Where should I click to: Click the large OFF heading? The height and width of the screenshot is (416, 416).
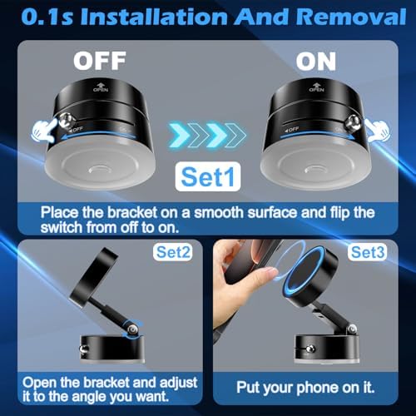[x=100, y=61]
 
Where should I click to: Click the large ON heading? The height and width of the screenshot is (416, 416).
[x=316, y=62]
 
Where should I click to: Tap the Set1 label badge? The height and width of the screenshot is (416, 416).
[x=208, y=176]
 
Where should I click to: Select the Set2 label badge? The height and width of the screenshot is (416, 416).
[x=173, y=252]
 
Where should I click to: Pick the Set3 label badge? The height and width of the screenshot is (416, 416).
[x=368, y=252]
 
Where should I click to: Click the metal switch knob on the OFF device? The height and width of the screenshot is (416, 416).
[x=67, y=121]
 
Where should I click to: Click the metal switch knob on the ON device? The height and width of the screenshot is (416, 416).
[x=353, y=122]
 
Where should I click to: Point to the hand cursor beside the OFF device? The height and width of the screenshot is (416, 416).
[x=44, y=131]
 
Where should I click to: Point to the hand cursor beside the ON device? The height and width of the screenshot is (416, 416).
[x=377, y=131]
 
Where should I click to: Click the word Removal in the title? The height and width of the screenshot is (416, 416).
[x=351, y=17]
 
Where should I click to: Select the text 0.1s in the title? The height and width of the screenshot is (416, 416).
[x=47, y=17]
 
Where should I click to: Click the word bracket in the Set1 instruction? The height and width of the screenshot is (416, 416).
[x=132, y=213]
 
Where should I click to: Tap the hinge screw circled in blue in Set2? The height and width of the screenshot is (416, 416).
[x=133, y=330]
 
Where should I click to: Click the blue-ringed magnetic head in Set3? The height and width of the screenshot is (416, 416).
[x=310, y=276]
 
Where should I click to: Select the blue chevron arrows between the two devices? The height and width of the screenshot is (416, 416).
[x=207, y=135]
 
